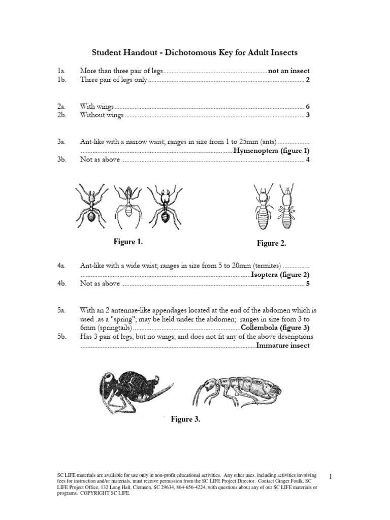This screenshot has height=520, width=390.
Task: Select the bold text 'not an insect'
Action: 288,71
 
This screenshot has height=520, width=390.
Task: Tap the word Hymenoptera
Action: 257,151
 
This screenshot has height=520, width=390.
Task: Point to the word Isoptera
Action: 266,275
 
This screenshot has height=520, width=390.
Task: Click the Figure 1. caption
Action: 128,242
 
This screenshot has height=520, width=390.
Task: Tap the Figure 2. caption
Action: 271,244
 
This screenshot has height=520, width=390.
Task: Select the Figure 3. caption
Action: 185,419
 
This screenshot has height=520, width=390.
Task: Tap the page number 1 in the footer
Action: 330,476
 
